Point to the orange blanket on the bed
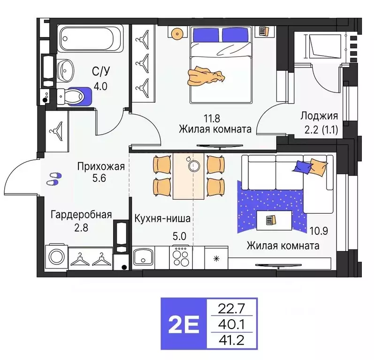coord(205,75)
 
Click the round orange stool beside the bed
coord(176,34)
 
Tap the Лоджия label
coord(319,116)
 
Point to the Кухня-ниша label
coord(161,218)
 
